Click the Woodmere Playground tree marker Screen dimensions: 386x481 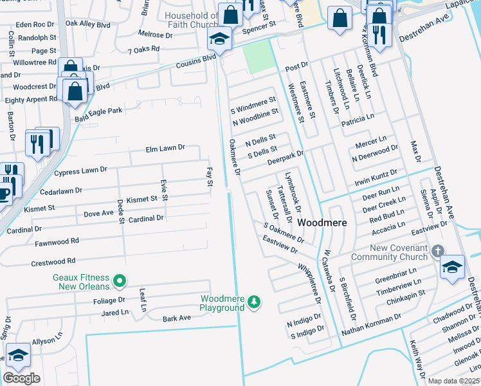click(255, 302)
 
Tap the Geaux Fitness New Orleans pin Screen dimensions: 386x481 click(119, 280)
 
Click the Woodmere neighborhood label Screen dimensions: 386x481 click(322, 223)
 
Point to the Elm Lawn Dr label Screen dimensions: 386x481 click(165, 148)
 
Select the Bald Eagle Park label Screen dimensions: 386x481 click(98, 111)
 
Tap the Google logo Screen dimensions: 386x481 click(21, 378)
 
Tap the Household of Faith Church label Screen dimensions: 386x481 click(192, 20)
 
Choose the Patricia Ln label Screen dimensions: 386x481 click(358, 120)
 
